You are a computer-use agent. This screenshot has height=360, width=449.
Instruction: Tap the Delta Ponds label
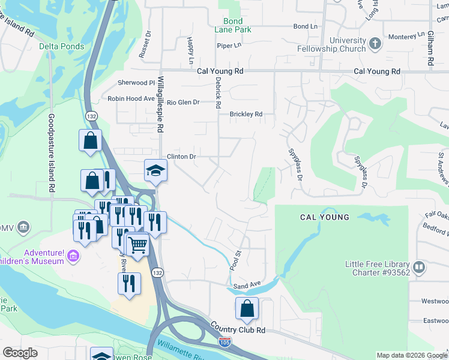pyautogui.click(x=62, y=46)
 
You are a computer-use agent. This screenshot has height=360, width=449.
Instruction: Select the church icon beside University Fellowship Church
pyautogui.click(x=375, y=44)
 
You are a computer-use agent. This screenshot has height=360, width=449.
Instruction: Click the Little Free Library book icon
pyautogui.click(x=419, y=266)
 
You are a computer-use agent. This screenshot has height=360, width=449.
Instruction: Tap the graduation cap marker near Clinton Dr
pyautogui.click(x=155, y=170)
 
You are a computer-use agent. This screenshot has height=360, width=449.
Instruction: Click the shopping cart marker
pyautogui.click(x=137, y=245)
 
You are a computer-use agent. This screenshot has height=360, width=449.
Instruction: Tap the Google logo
pyautogui.click(x=20, y=353)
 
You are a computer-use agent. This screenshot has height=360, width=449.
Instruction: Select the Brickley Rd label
pyautogui.click(x=246, y=114)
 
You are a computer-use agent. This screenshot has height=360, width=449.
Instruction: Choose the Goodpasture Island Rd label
pyautogui.click(x=52, y=153)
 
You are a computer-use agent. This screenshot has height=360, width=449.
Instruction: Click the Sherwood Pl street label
pyautogui.click(x=136, y=83)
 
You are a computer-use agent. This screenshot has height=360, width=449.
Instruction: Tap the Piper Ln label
pyautogui.click(x=229, y=45)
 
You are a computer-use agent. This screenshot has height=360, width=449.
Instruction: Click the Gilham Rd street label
pyautogui.click(x=431, y=47)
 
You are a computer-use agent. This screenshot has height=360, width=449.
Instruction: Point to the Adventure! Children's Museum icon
pyautogui.click(x=74, y=257)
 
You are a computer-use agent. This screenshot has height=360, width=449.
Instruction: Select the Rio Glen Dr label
pyautogui.click(x=183, y=103)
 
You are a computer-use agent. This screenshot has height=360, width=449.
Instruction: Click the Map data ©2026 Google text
pyautogui.click(x=411, y=355)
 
